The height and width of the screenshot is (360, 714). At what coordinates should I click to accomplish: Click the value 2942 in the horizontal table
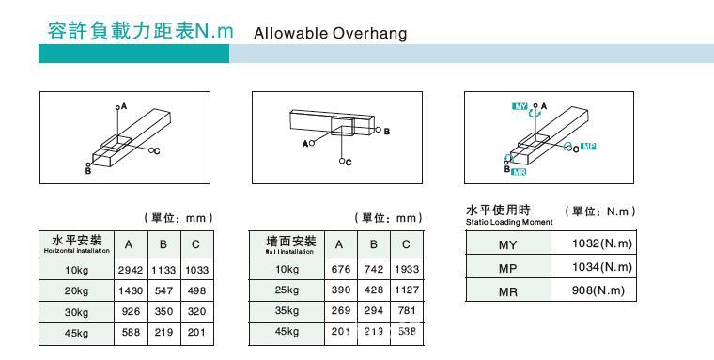pos(129,269)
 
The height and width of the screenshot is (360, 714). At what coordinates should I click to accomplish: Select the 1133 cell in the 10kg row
pos(163,269)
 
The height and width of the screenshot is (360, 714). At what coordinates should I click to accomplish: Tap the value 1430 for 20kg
pos(129,290)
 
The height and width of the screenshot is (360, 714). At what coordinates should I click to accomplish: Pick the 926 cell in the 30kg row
pos(129,311)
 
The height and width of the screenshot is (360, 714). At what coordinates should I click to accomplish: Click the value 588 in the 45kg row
pos(129,332)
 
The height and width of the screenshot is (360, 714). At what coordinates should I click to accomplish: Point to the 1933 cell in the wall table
pos(407,269)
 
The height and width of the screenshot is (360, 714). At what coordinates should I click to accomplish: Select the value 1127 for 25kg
pos(407,290)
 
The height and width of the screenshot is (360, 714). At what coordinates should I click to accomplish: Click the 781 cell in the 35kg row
pos(407,311)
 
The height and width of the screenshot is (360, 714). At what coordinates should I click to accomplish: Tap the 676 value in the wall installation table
pos(340,269)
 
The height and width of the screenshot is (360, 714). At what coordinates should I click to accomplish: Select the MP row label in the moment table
pos(508,268)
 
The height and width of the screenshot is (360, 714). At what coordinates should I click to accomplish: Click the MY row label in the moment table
pos(508,244)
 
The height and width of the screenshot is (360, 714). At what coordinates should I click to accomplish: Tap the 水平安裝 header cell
pos(76,244)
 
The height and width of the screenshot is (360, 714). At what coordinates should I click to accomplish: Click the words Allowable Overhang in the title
pos(331,34)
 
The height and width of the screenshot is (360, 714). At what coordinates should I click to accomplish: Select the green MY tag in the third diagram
pos(520,107)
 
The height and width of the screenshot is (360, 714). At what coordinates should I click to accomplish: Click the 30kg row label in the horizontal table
pos(76,311)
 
